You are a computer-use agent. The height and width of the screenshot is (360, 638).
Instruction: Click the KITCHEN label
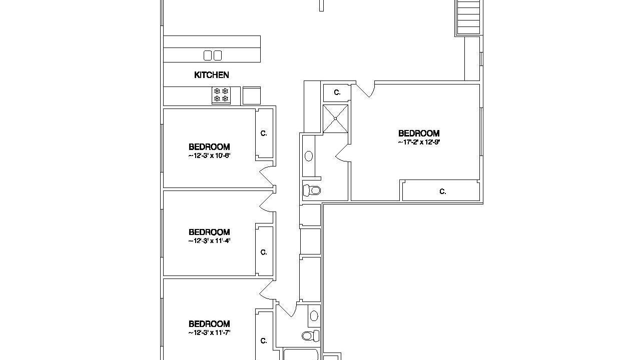point(211,75)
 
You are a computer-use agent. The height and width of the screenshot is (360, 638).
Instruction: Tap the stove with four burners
point(221,95)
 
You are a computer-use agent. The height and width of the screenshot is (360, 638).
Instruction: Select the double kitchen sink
point(213,55)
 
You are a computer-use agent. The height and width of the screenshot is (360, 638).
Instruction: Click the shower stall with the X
point(335,118)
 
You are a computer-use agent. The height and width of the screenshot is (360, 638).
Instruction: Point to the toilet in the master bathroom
point(312,190)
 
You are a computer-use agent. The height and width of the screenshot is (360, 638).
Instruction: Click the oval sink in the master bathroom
point(309,156)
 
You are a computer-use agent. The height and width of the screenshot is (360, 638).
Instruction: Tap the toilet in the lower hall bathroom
point(310,335)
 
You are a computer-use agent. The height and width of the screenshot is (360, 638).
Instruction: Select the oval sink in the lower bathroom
point(314,315)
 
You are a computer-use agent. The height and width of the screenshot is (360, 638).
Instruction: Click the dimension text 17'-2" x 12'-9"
point(419,142)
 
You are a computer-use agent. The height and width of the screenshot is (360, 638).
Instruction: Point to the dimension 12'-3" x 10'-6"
point(209,155)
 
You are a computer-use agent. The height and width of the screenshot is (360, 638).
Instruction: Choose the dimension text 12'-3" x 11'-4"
point(209,241)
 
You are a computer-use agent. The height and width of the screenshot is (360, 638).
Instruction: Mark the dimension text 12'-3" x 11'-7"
point(209,332)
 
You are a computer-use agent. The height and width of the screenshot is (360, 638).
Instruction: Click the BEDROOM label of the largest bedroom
point(419,133)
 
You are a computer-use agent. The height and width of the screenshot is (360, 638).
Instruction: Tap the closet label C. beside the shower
point(337,92)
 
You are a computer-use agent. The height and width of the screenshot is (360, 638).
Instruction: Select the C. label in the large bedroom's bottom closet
point(443,191)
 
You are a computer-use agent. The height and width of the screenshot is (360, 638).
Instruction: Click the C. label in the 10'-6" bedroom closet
point(264,133)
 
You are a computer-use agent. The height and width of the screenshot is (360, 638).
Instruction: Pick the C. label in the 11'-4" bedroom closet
point(264,252)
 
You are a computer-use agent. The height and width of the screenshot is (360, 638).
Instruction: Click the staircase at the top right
point(468,17)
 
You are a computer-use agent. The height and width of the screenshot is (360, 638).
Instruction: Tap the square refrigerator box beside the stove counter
point(252,96)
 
